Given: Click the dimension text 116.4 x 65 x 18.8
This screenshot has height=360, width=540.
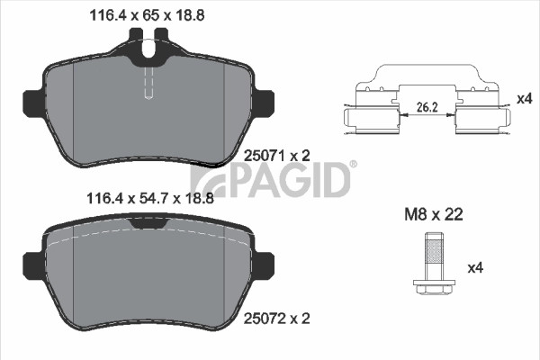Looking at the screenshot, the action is pyautogui.click(x=147, y=15).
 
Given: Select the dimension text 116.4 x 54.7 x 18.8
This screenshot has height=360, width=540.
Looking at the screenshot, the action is pyautogui.click(x=150, y=198).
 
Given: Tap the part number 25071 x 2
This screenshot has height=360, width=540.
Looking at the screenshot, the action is pyautogui.click(x=277, y=156).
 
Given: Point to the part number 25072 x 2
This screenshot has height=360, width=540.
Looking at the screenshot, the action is pyautogui.click(x=277, y=319).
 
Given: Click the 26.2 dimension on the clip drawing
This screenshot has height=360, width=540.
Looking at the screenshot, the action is pyautogui.click(x=427, y=107).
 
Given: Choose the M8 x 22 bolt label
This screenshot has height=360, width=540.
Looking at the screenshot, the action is pyautogui.click(x=434, y=214).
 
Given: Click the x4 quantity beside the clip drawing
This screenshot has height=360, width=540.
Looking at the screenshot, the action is pyautogui.click(x=525, y=99).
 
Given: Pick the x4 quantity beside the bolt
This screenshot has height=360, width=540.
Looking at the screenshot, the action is pyautogui.click(x=475, y=267).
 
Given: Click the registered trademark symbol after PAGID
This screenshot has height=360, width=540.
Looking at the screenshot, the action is pyautogui.click(x=354, y=165).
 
